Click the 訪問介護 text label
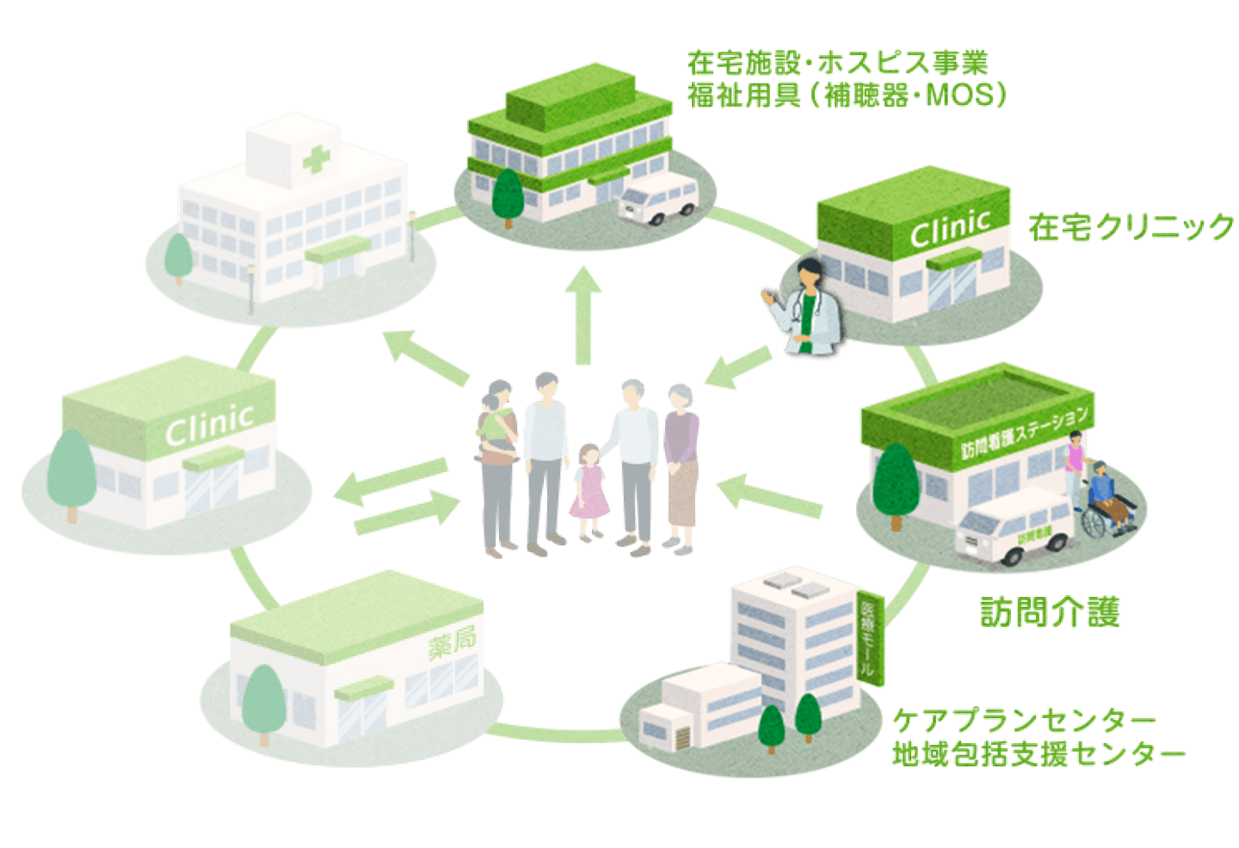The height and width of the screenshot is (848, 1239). point(1050,611)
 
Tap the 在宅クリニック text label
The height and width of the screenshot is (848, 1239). point(1131,227)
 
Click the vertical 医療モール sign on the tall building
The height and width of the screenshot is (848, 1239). point(871,636)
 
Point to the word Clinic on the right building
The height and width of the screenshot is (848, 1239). point(950,229)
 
